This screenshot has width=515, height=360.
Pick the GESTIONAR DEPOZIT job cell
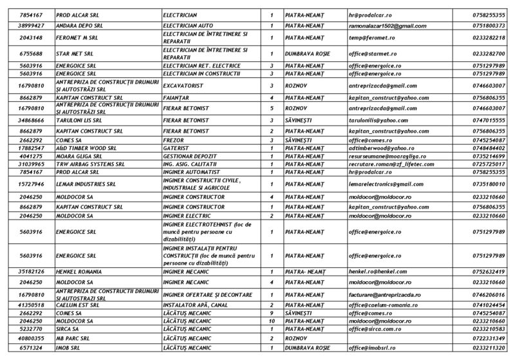(190, 156)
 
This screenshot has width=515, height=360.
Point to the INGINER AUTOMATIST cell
(190, 172)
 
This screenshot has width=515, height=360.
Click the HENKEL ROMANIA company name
(79, 272)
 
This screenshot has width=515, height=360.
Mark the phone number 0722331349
(487, 337)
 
